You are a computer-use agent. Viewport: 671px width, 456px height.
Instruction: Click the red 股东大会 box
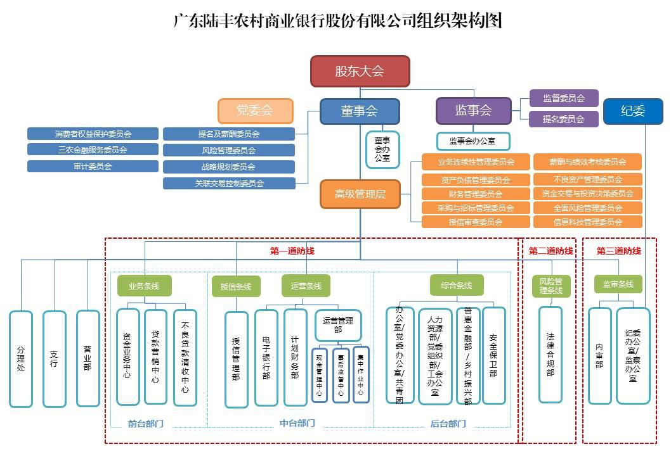360,71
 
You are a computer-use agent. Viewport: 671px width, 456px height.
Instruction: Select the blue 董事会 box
360,111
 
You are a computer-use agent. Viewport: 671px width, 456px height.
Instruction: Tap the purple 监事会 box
473,110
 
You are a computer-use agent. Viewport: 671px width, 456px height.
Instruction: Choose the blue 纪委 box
632,111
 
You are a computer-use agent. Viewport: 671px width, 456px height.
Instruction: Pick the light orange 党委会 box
255,111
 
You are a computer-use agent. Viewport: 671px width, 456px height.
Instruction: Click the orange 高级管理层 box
360,194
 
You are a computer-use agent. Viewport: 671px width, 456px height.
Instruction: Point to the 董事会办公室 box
382,149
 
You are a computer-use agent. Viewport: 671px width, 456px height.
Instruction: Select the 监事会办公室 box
473,141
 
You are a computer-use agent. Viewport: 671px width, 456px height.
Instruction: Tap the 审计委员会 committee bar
93,166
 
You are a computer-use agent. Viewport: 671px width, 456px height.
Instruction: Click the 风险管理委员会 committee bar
229,150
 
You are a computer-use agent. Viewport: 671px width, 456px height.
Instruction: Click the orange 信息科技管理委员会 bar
588,222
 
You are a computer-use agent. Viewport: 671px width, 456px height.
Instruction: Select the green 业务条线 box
145,286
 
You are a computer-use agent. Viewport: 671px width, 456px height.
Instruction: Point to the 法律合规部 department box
550,355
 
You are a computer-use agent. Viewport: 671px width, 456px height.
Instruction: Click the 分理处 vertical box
21,358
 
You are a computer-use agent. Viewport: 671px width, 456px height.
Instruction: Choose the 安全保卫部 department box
494,355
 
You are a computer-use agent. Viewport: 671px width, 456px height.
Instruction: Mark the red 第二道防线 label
550,251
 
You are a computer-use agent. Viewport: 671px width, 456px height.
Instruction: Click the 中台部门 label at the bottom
297,423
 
